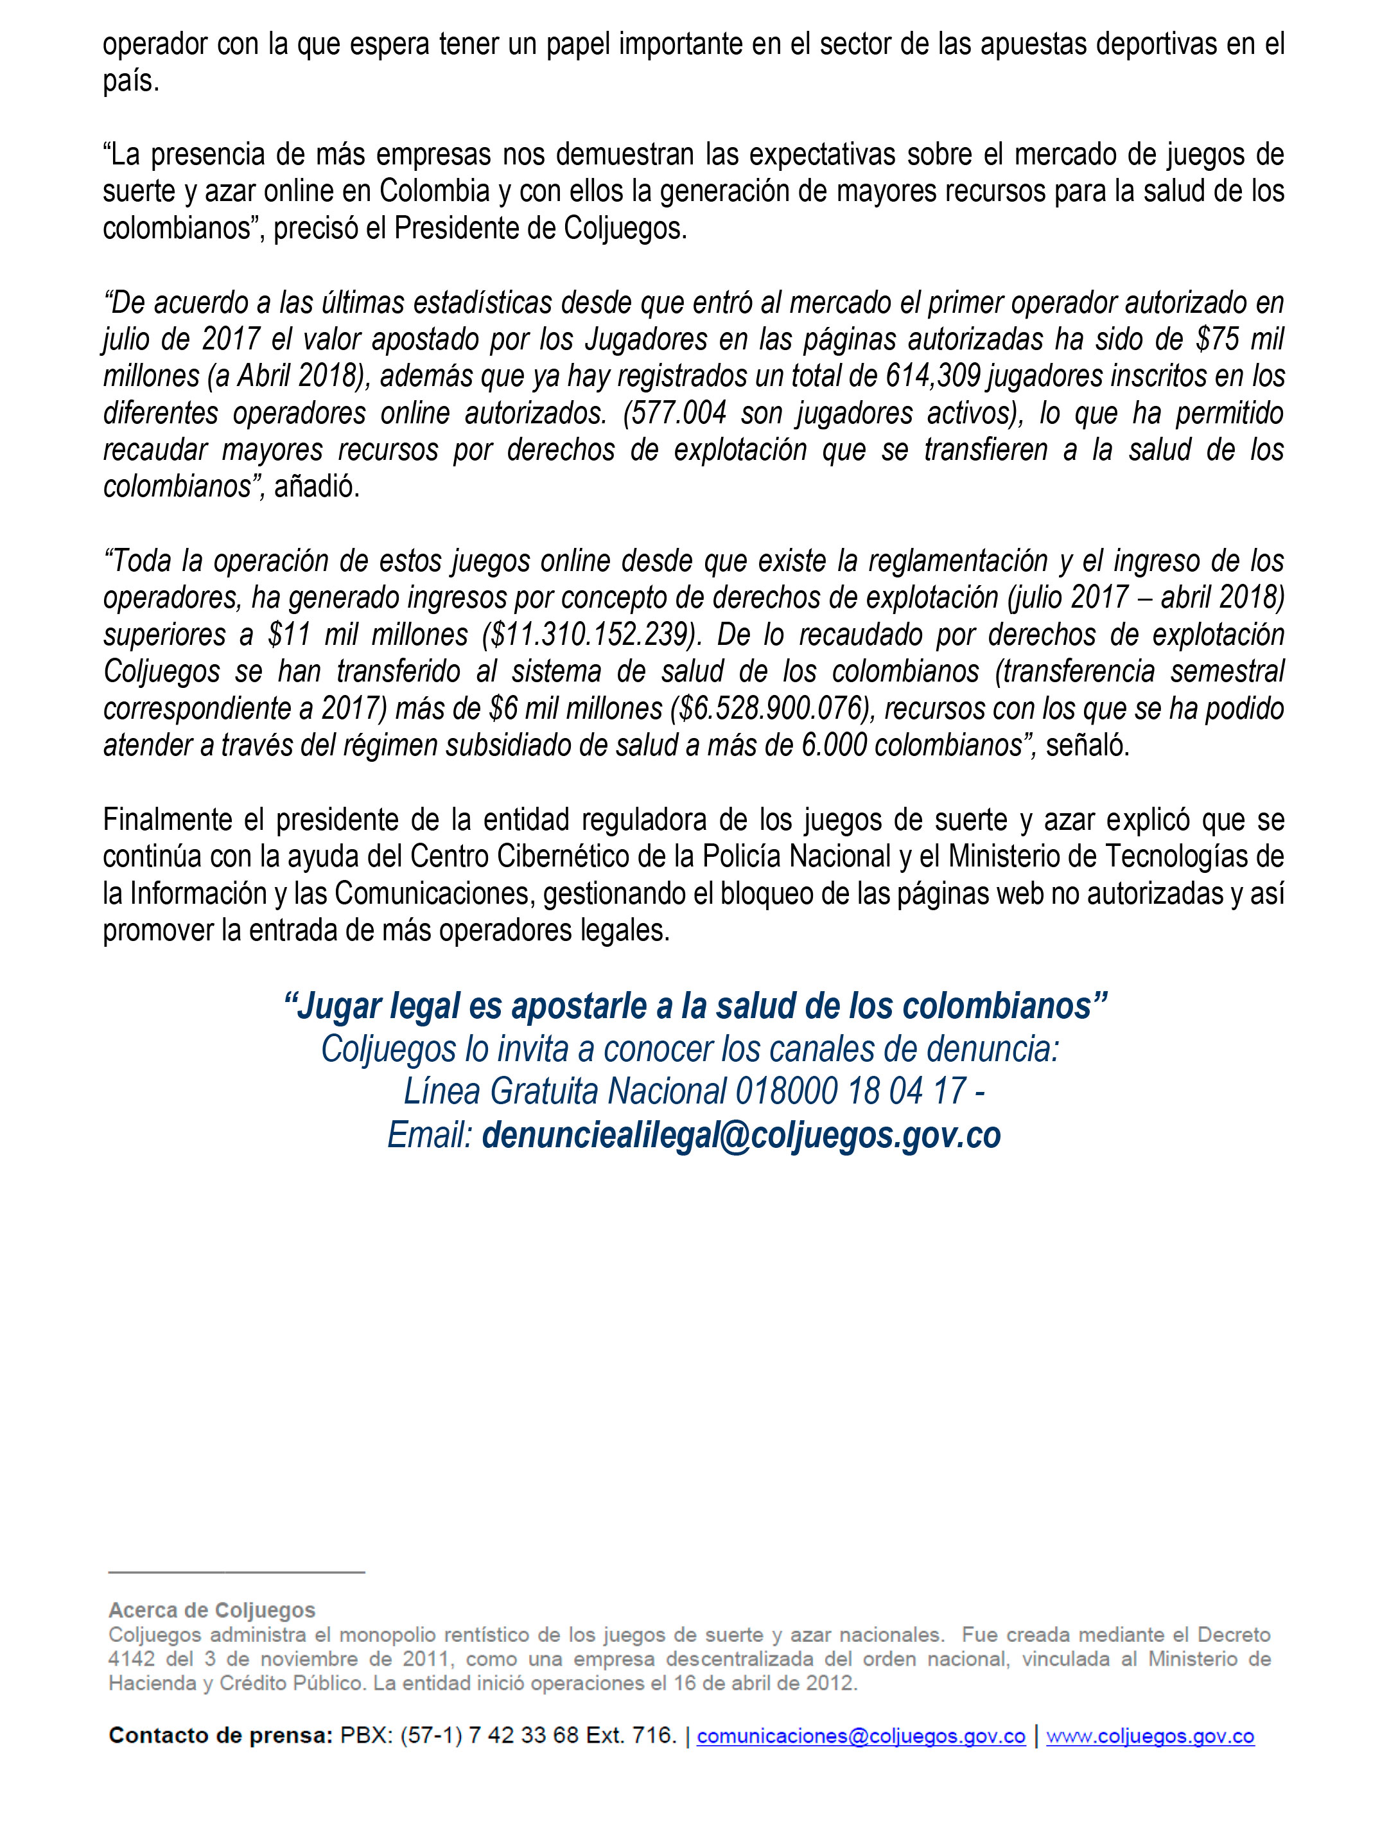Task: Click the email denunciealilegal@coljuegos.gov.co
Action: click(x=741, y=1136)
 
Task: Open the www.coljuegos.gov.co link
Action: click(x=1150, y=1736)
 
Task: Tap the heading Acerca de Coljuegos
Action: click(x=212, y=1610)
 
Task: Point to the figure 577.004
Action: click(x=675, y=412)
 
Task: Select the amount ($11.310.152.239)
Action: click(x=591, y=634)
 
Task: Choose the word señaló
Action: click(x=1087, y=745)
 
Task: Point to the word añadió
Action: click(x=317, y=486)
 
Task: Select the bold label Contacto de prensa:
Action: click(x=220, y=1736)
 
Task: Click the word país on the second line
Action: click(x=130, y=81)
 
